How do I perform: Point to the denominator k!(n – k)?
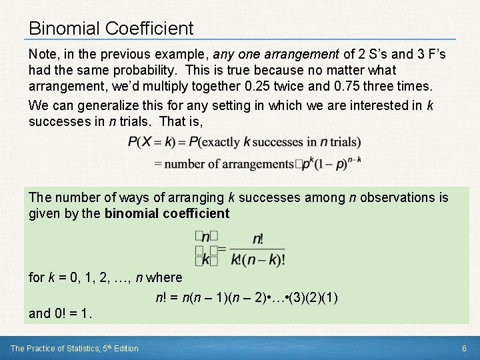point(257,259)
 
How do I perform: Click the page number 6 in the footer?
point(464,348)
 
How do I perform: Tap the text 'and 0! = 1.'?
point(61,313)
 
